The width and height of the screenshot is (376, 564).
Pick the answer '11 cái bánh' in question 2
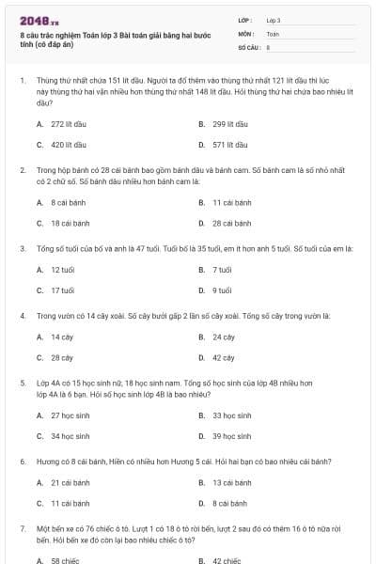[231, 202]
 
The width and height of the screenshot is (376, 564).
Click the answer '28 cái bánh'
[231, 224]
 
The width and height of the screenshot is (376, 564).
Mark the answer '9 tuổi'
[222, 290]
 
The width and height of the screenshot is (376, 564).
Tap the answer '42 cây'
[224, 358]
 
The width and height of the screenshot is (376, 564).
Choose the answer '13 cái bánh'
[231, 482]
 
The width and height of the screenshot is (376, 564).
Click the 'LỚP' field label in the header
[245, 19]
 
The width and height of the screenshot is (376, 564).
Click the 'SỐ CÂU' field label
[248, 45]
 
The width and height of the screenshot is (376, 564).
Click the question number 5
[23, 384]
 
